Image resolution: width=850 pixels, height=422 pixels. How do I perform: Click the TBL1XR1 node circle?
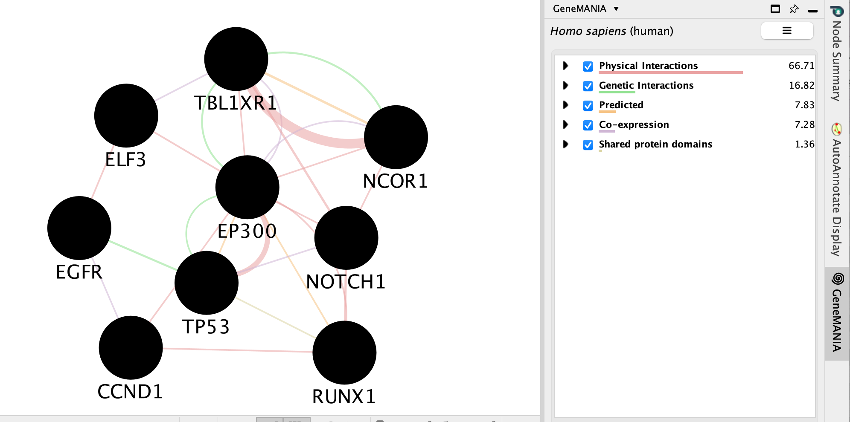pyautogui.click(x=236, y=59)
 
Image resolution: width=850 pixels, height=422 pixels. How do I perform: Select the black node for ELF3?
pyautogui.click(x=126, y=116)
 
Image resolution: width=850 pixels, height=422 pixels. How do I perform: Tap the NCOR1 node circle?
pyautogui.click(x=396, y=137)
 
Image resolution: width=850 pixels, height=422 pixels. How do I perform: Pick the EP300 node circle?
pyautogui.click(x=247, y=187)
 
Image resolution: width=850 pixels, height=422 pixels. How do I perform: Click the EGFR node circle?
pyautogui.click(x=79, y=228)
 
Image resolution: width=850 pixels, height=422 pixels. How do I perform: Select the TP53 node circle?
pyautogui.click(x=207, y=283)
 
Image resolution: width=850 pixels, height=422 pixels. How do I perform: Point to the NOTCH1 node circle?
pyautogui.click(x=346, y=238)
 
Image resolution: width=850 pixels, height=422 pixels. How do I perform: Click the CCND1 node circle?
pyautogui.click(x=131, y=347)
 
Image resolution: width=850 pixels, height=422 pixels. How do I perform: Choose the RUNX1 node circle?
pyautogui.click(x=344, y=353)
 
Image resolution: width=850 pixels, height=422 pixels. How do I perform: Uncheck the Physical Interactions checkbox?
pyautogui.click(x=588, y=66)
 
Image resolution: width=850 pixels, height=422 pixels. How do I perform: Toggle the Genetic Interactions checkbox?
pyautogui.click(x=588, y=86)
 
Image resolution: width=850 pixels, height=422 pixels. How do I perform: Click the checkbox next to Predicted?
pyautogui.click(x=588, y=106)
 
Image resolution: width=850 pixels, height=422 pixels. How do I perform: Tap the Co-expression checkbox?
pyautogui.click(x=588, y=125)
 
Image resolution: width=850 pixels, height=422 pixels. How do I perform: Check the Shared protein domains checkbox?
pyautogui.click(x=588, y=145)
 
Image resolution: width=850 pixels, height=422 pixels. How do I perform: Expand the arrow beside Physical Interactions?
pyautogui.click(x=566, y=66)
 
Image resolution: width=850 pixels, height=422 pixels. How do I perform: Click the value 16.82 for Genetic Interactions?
pyautogui.click(x=801, y=85)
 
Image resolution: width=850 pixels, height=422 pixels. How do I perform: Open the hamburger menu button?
pyautogui.click(x=787, y=31)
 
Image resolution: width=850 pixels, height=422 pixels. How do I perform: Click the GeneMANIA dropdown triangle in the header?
pyautogui.click(x=616, y=9)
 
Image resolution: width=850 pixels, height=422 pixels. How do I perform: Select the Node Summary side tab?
pyautogui.click(x=837, y=60)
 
